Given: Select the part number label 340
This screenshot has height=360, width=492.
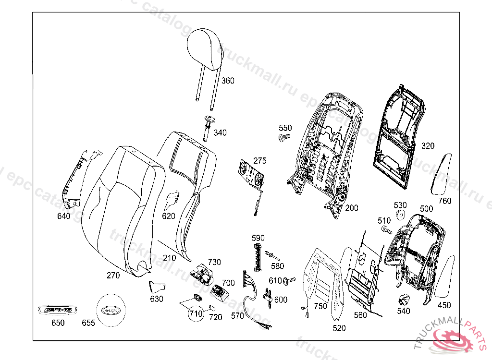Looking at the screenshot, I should coord(220,132).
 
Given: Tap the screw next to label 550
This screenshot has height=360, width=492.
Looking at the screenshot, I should coord(284,137).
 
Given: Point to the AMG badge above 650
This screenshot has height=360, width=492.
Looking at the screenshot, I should coord(58,310).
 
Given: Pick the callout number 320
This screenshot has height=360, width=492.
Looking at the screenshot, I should coord(428,145).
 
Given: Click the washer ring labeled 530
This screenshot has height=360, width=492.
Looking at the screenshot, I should coord(400,214).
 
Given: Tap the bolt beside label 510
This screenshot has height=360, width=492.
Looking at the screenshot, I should coord(386,230).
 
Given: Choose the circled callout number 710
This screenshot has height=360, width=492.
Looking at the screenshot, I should coord(196,314).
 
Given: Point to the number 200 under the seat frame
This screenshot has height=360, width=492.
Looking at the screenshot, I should coord(351,208).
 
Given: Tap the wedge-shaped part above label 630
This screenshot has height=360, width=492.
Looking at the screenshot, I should coord(156,287).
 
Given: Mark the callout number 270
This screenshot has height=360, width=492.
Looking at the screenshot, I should coord(113,276).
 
